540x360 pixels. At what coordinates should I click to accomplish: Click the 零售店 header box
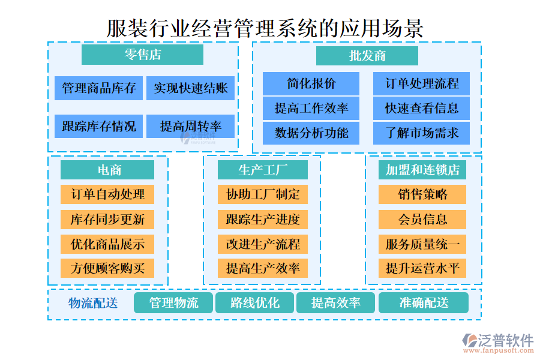coord(142,55)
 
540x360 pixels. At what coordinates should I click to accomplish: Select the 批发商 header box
coord(367,56)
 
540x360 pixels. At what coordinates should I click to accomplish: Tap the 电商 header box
coord(107,170)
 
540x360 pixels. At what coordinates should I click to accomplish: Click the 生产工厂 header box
coord(262,170)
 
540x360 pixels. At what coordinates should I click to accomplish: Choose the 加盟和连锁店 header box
coord(422,170)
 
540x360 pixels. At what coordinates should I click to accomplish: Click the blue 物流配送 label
coord(93,303)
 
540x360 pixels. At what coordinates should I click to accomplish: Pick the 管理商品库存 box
coord(98,88)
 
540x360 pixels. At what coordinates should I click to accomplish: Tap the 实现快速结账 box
coord(190,88)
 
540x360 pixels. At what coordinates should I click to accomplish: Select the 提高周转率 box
coord(190,127)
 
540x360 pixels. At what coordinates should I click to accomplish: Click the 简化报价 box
coord(311,83)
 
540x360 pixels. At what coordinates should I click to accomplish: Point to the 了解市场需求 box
coord(421,133)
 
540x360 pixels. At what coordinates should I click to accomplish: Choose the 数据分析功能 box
coord(311,133)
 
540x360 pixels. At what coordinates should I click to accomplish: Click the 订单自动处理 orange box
coord(107,194)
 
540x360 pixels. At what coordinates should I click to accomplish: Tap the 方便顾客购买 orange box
coord(107,268)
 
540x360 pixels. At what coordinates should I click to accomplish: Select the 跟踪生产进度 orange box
coord(262,219)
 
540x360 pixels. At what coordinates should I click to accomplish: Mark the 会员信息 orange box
coord(422,219)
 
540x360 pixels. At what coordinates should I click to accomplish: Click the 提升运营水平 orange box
coord(422,268)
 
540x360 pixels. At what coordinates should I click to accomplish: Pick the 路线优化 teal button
coord(254,303)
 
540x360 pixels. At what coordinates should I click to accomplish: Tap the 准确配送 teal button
coord(423,303)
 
